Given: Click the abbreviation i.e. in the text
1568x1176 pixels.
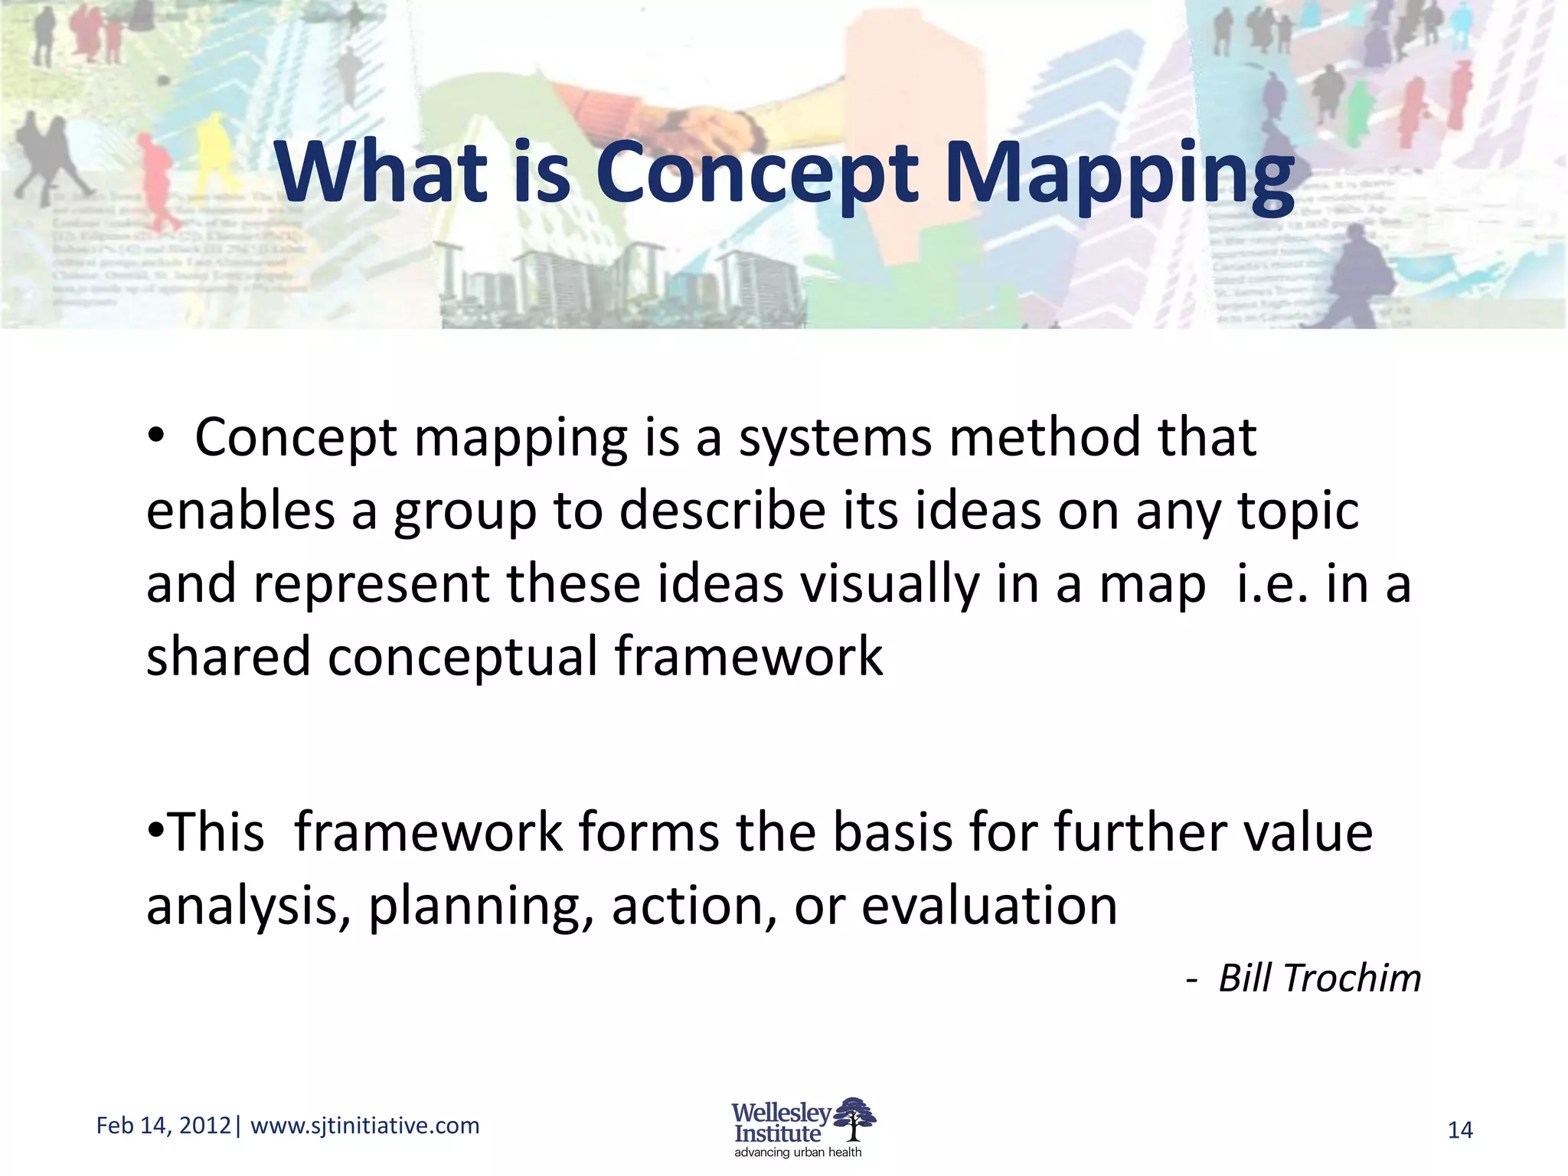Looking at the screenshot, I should (1272, 583).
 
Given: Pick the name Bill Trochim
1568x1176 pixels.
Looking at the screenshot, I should (1318, 978).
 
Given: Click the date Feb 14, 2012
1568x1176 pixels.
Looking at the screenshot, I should (163, 1125).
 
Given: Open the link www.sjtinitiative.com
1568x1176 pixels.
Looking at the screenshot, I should (365, 1125).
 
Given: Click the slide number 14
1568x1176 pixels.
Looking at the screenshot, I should (1460, 1130).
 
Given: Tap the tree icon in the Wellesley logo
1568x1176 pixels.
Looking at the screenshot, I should (855, 1119).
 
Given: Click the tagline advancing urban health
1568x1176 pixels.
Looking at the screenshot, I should (798, 1152).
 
